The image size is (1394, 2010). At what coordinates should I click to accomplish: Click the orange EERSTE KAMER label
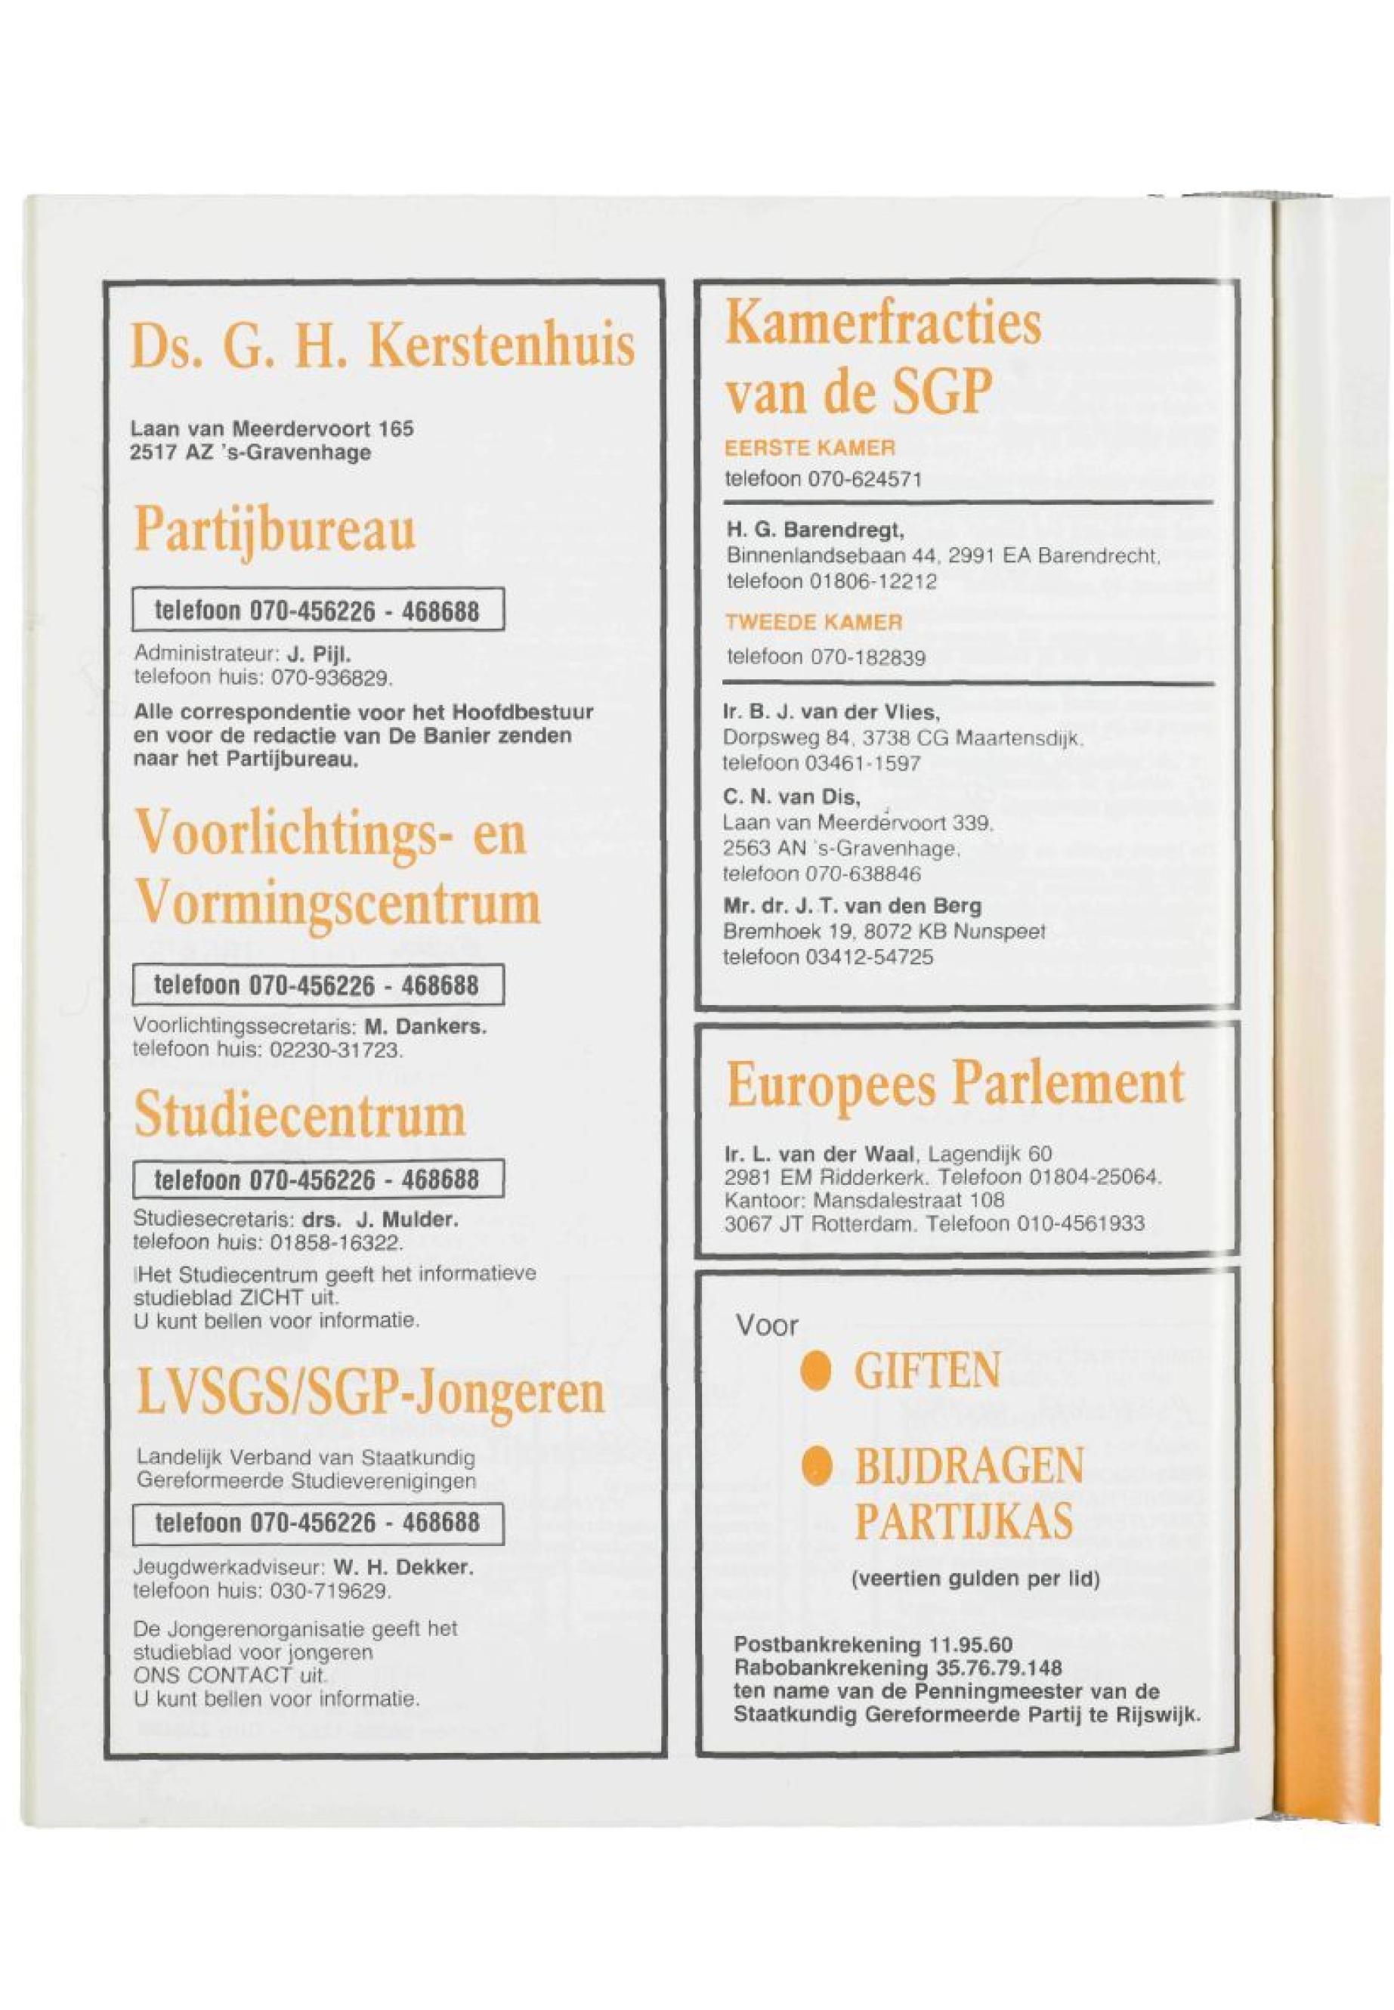tap(810, 449)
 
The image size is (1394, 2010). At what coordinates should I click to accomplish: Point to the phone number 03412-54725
tap(867, 957)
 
